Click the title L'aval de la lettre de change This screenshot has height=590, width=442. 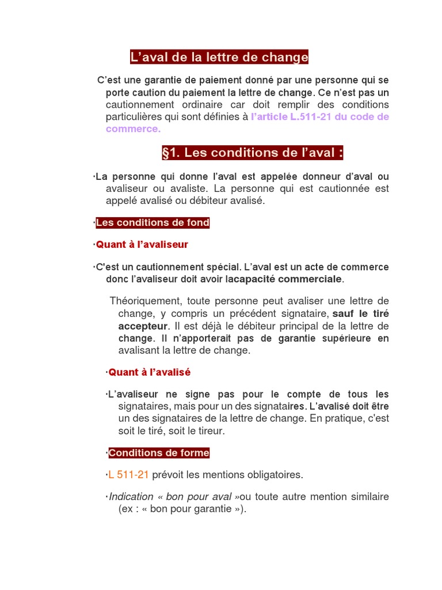click(219, 58)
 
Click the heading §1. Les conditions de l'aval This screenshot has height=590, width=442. click(253, 153)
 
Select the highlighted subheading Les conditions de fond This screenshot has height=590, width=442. click(153, 223)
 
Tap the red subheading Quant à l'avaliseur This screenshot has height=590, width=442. click(142, 245)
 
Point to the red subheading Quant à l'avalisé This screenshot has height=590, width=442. click(150, 372)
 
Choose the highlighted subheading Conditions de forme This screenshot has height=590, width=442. click(159, 453)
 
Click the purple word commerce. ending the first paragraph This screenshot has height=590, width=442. click(133, 128)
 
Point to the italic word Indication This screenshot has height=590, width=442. click(131, 497)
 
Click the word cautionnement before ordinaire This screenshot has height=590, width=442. click(140, 104)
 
